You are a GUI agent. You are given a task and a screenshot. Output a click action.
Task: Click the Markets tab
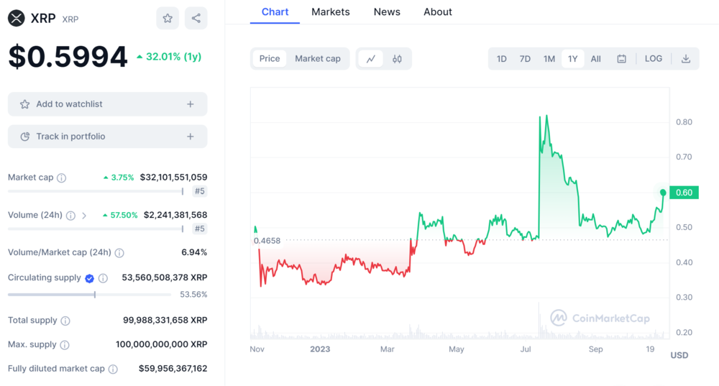[x=330, y=12]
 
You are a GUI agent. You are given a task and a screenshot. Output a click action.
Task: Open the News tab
[x=387, y=12]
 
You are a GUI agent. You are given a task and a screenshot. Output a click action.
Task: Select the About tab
[x=437, y=12]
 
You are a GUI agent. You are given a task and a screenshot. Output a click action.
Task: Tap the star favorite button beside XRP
[x=168, y=19]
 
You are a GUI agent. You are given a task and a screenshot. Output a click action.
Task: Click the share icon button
[x=196, y=19]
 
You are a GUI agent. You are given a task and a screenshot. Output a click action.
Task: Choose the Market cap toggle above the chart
[x=318, y=59]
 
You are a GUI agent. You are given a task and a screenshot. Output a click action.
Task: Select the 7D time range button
[x=525, y=59]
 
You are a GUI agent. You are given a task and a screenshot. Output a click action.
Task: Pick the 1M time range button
[x=549, y=59]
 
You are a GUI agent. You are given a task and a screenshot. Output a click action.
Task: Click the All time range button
[x=596, y=59]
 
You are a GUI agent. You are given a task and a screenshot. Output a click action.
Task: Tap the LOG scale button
[x=654, y=59]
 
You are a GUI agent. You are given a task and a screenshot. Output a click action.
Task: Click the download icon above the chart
[x=686, y=59]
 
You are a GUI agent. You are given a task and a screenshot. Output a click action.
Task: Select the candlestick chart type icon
[x=397, y=59]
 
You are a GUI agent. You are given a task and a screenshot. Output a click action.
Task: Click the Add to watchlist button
[x=107, y=104]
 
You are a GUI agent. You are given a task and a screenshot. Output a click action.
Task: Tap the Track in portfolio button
[x=107, y=137]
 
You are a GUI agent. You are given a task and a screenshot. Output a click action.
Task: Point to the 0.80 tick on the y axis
[x=684, y=122]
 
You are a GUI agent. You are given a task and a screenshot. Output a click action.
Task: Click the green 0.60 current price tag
[x=684, y=193]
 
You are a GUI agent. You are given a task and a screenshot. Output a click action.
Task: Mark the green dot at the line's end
[x=664, y=193]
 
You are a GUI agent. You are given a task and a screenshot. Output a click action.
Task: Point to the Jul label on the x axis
[x=526, y=349]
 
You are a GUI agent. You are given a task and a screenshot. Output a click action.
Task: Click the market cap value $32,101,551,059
[x=173, y=177]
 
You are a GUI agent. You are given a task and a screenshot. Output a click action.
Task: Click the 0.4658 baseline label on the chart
[x=267, y=241]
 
